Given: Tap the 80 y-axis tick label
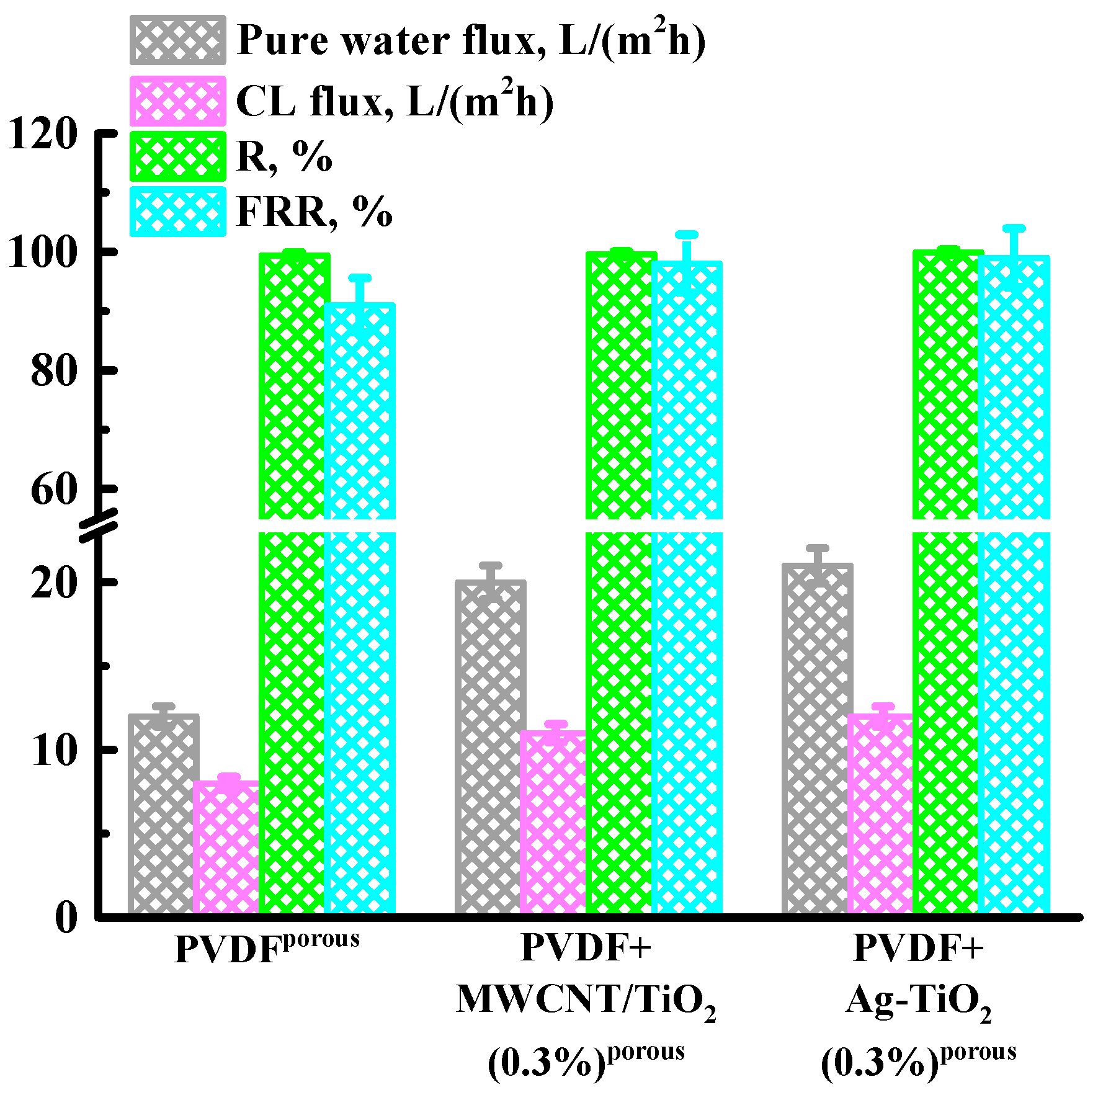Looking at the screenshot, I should click(x=53, y=371).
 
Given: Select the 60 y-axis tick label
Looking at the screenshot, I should click(x=53, y=490).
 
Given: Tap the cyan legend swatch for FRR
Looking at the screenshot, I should click(x=177, y=212).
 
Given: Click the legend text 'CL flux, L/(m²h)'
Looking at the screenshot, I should click(x=395, y=101).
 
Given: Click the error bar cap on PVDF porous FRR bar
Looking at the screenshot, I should click(x=360, y=278).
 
